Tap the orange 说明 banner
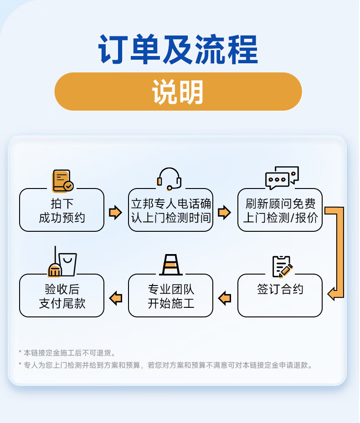178,92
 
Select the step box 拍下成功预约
62,210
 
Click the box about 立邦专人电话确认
170,210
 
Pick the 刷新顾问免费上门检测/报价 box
280,210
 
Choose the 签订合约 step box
280,295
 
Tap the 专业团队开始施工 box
170,295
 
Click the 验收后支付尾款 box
62,295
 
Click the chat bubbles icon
282,178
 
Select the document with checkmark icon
62,180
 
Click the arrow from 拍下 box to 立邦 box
116,212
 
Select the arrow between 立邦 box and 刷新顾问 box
224,212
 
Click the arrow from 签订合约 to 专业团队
225,298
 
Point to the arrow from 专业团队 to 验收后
116,298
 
